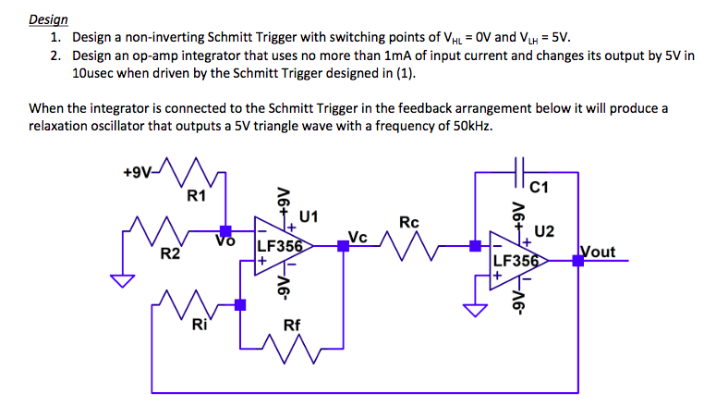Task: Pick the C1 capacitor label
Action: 540,191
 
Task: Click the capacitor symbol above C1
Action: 519,172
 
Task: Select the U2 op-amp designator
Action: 544,229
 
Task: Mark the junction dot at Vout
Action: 577,262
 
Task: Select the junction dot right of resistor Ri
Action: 240,304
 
